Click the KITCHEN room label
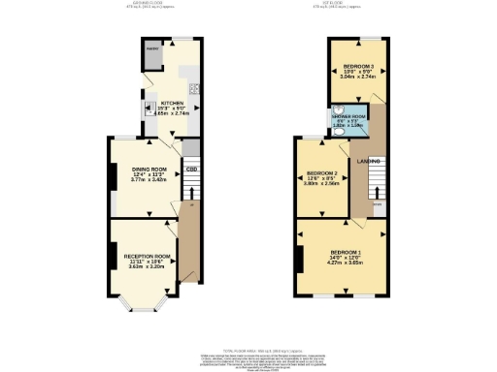pyautogui.click(x=172, y=103)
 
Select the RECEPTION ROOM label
pyautogui.click(x=147, y=256)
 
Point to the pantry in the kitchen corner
pyautogui.click(x=152, y=57)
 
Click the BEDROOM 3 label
pyautogui.click(x=354, y=69)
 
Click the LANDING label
pyautogui.click(x=368, y=161)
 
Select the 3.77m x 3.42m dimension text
pyautogui.click(x=149, y=181)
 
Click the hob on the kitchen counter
pyautogui.click(x=195, y=90)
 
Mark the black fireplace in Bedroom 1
pyautogui.click(x=302, y=257)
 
